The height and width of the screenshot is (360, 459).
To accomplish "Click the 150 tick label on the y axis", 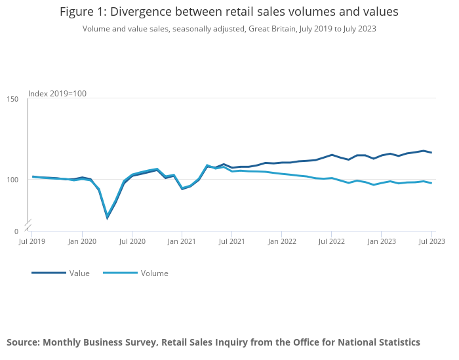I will coord(13,99).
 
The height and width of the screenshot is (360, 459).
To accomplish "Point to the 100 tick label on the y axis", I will coord(13,179).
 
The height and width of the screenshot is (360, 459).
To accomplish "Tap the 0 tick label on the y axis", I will coord(16,231).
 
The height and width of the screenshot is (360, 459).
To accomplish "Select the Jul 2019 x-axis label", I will coord(33,241).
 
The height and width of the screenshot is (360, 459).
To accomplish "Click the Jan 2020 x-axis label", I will coord(82,241).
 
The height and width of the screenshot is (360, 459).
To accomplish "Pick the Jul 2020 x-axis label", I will coord(132,241).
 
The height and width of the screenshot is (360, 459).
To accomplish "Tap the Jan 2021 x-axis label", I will coord(182,241).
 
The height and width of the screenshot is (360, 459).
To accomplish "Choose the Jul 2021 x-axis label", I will coord(231,241).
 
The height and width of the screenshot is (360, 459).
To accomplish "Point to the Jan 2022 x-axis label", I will coord(281,241).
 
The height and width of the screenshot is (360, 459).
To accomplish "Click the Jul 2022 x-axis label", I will coord(331,241).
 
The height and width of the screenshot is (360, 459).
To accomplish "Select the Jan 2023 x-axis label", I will coord(381,241).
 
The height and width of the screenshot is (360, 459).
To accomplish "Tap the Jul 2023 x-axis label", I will coord(431,241).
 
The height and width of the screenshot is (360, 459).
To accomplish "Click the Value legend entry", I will coord(79,273).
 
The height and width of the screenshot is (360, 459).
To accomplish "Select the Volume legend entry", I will coord(154,273).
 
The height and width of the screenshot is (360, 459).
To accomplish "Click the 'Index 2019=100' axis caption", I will coord(58,94).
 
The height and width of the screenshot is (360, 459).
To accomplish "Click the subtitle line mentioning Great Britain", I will coord(229,29).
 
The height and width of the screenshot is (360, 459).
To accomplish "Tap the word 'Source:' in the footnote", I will coord(23,342).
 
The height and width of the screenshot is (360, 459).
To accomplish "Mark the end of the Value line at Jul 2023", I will coord(431,153).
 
